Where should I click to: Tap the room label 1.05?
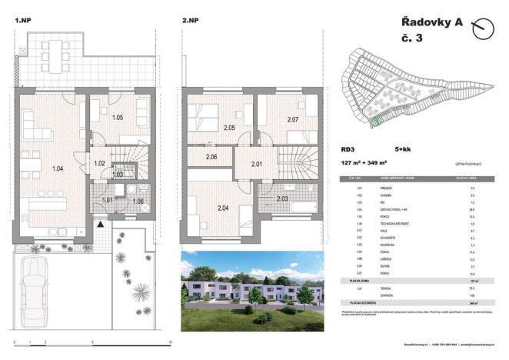coord(118,118)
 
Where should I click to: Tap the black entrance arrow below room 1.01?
coord(100,222)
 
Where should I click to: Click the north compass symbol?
coord(483,29)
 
